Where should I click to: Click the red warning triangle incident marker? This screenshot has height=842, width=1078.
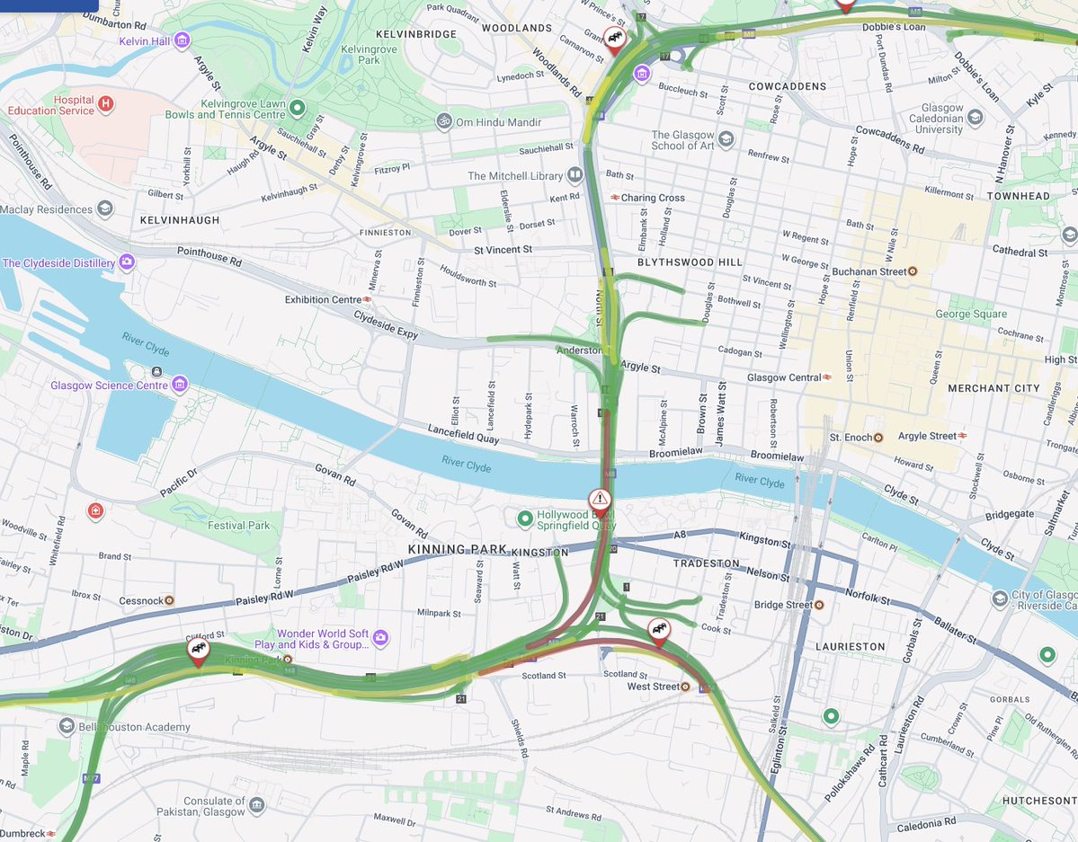point(600,500)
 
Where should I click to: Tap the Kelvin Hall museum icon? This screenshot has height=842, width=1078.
point(183,40)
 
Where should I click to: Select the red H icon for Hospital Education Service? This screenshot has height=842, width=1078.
point(106,104)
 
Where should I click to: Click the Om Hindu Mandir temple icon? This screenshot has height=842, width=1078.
point(442,120)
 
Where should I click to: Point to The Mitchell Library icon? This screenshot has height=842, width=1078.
point(575,175)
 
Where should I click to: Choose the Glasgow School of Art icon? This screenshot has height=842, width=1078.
point(726,140)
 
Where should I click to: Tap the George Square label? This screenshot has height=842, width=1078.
point(971,315)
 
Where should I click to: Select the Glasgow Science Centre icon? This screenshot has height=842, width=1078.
point(180,385)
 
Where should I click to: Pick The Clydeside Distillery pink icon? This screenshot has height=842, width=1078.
point(128,262)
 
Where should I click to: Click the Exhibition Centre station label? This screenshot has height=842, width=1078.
point(324,299)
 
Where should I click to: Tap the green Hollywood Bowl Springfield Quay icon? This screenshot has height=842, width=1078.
point(525,519)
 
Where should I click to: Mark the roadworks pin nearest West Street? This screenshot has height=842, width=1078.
point(659,630)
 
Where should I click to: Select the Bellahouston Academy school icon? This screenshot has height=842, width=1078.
point(66,726)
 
